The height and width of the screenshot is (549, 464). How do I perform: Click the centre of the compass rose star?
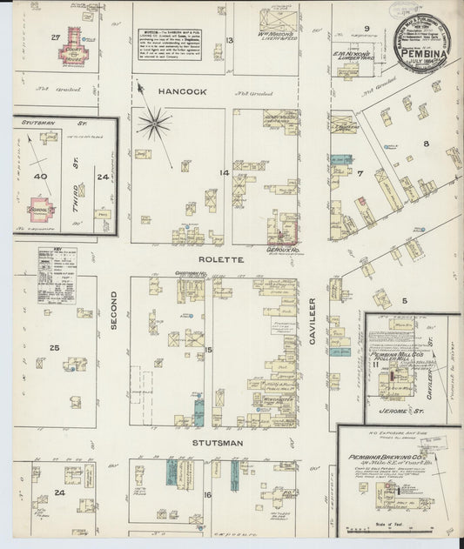click(x=153, y=124)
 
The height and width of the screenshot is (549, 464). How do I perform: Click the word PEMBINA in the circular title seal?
click(x=423, y=52)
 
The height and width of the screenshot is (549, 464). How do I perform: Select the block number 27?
click(x=56, y=37)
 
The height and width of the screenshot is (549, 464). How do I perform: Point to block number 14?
click(x=225, y=173)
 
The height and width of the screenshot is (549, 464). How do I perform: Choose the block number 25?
click(x=54, y=348)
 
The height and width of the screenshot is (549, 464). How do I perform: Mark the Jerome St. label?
click(x=400, y=404)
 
